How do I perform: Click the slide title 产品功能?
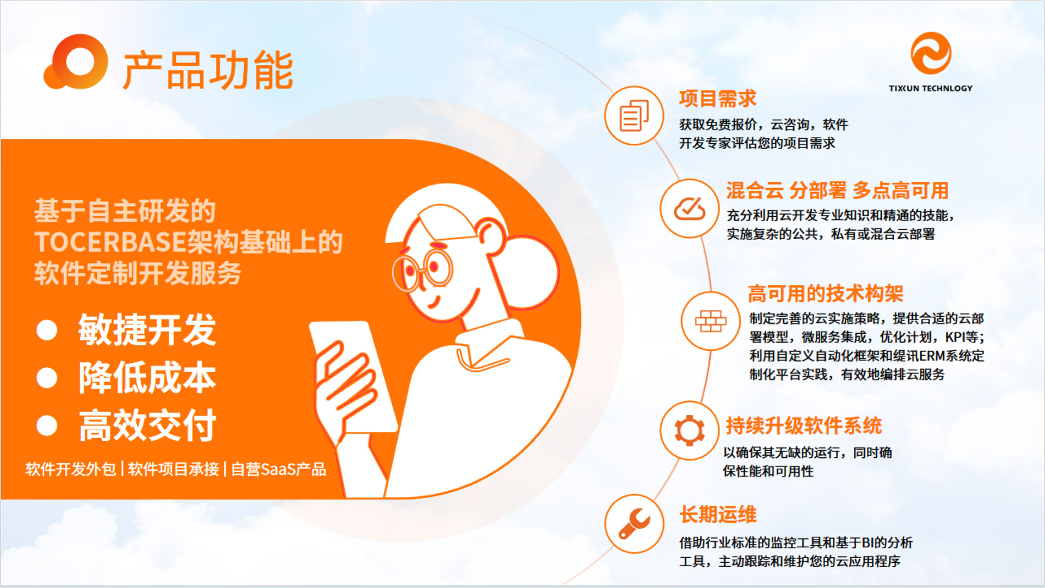click(x=208, y=70)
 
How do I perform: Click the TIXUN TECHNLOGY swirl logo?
click(x=931, y=53)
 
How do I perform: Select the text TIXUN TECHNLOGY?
click(x=931, y=88)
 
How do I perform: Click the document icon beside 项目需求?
click(x=634, y=115)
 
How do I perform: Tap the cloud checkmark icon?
click(x=690, y=209)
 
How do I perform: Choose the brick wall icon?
click(x=711, y=321)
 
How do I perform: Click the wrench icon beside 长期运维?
click(x=634, y=524)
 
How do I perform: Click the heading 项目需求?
click(x=717, y=99)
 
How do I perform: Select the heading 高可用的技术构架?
click(x=825, y=293)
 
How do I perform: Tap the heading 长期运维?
click(x=717, y=514)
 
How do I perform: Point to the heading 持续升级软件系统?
click(x=803, y=425)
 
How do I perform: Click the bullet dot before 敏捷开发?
click(x=47, y=330)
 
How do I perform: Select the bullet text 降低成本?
click(x=147, y=377)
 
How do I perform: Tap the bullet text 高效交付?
click(x=147, y=425)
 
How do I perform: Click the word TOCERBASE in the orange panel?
click(x=110, y=242)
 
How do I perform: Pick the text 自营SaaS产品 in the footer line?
click(x=279, y=469)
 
